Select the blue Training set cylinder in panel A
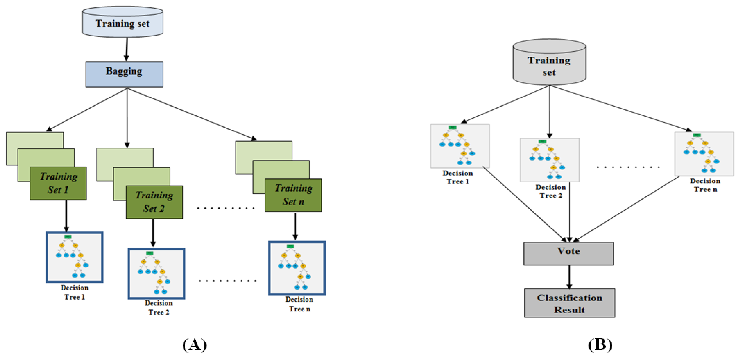123,23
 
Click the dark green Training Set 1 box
58,183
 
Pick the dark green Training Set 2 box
154,202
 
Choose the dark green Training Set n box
293,195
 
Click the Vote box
568,253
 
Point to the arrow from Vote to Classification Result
569,277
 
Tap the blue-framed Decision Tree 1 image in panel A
75,257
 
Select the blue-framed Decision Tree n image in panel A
297,268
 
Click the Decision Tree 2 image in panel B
549,160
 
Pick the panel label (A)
194,344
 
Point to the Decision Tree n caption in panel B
705,185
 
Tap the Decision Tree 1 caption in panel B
458,177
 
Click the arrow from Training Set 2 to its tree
153,232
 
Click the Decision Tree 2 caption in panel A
159,308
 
